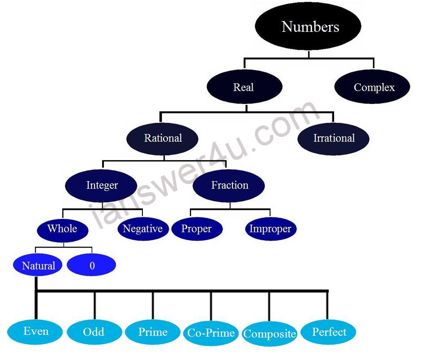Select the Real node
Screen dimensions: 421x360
tap(244, 87)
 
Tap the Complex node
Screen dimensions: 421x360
tap(373, 87)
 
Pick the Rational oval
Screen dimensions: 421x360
tap(163, 138)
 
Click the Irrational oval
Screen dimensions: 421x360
tap(334, 138)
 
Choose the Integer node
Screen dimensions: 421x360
tap(102, 185)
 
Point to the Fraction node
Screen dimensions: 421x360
tap(229, 185)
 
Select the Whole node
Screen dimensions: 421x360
tap(62, 229)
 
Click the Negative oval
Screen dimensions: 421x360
tap(143, 229)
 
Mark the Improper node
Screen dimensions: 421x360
tap(271, 229)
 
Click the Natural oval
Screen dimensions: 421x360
tap(39, 265)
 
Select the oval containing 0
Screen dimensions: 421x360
tap(92, 265)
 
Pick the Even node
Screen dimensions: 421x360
tap(36, 332)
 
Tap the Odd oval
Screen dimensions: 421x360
tap(94, 332)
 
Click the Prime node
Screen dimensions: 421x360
tap(153, 332)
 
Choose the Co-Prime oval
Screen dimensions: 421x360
tap(211, 333)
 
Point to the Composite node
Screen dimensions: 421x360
tap(270, 334)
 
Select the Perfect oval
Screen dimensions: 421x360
tap(329, 332)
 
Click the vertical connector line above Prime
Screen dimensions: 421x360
tap(153, 306)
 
